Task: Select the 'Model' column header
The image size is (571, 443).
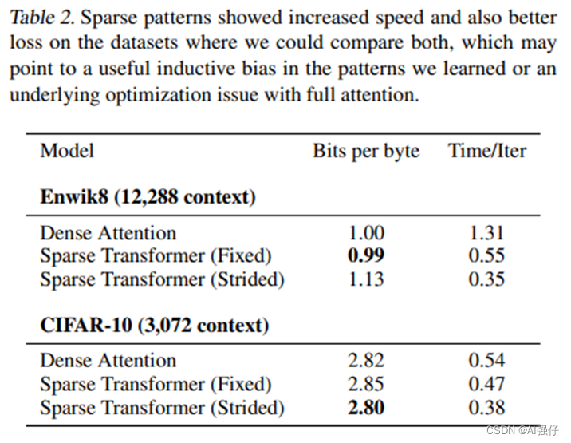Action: click(x=67, y=151)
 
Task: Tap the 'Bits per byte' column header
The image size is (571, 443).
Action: click(x=366, y=151)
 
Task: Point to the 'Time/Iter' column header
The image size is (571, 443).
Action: click(x=487, y=151)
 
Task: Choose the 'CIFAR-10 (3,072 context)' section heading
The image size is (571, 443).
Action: click(x=154, y=326)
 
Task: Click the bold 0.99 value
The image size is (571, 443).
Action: click(x=366, y=256)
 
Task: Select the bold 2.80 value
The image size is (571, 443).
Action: click(x=366, y=407)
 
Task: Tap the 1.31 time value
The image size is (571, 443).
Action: click(x=486, y=233)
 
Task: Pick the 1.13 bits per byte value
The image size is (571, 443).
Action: click(x=366, y=279)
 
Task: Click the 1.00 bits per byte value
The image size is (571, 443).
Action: click(x=366, y=233)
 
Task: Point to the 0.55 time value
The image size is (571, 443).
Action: click(x=486, y=256)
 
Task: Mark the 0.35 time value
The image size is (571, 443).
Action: click(x=486, y=279)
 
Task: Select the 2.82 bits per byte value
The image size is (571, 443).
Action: click(x=366, y=361)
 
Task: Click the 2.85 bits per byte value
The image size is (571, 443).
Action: click(x=366, y=384)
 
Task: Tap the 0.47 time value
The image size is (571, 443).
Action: click(x=486, y=384)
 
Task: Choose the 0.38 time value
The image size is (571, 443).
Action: click(x=486, y=407)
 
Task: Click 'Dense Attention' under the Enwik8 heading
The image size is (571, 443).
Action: click(x=108, y=233)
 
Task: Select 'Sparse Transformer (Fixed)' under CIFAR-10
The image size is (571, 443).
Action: click(x=156, y=384)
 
